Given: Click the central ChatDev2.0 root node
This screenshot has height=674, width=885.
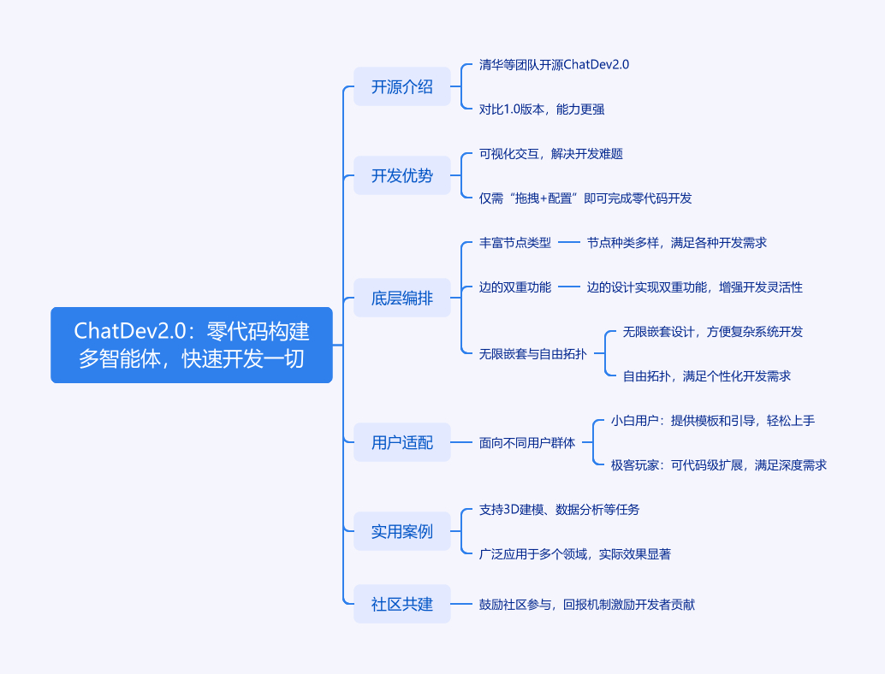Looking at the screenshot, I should point(192,345).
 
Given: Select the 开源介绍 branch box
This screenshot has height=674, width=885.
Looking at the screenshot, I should point(402,87).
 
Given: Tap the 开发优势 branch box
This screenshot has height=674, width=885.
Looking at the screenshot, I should point(402,176).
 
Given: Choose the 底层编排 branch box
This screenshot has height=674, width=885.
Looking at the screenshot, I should point(402,299).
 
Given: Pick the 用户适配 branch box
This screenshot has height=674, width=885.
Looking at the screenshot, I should point(402,442).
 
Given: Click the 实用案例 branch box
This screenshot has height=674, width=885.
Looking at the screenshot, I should point(402,531).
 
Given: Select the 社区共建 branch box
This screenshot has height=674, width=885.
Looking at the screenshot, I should point(402,604).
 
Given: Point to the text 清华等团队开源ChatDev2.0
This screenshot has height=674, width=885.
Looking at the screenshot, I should point(554,65).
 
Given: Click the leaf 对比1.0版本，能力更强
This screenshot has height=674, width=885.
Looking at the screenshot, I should point(543,109).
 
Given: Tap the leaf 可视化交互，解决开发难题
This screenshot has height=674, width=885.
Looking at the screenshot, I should point(550,154).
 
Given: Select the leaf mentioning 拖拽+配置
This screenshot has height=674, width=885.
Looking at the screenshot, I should point(585,198).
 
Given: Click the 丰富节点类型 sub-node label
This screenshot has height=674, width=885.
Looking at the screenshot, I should point(515,243).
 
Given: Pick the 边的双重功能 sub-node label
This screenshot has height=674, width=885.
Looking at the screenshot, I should point(515,287).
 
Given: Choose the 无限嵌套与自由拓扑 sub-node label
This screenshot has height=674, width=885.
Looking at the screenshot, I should point(532,354).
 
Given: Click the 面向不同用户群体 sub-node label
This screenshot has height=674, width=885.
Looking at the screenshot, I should point(527,443).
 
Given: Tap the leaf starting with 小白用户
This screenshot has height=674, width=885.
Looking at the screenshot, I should point(712,421).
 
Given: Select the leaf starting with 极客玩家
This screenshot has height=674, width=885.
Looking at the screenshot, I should point(718,465).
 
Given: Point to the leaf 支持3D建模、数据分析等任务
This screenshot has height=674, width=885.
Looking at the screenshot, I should point(559,510).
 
